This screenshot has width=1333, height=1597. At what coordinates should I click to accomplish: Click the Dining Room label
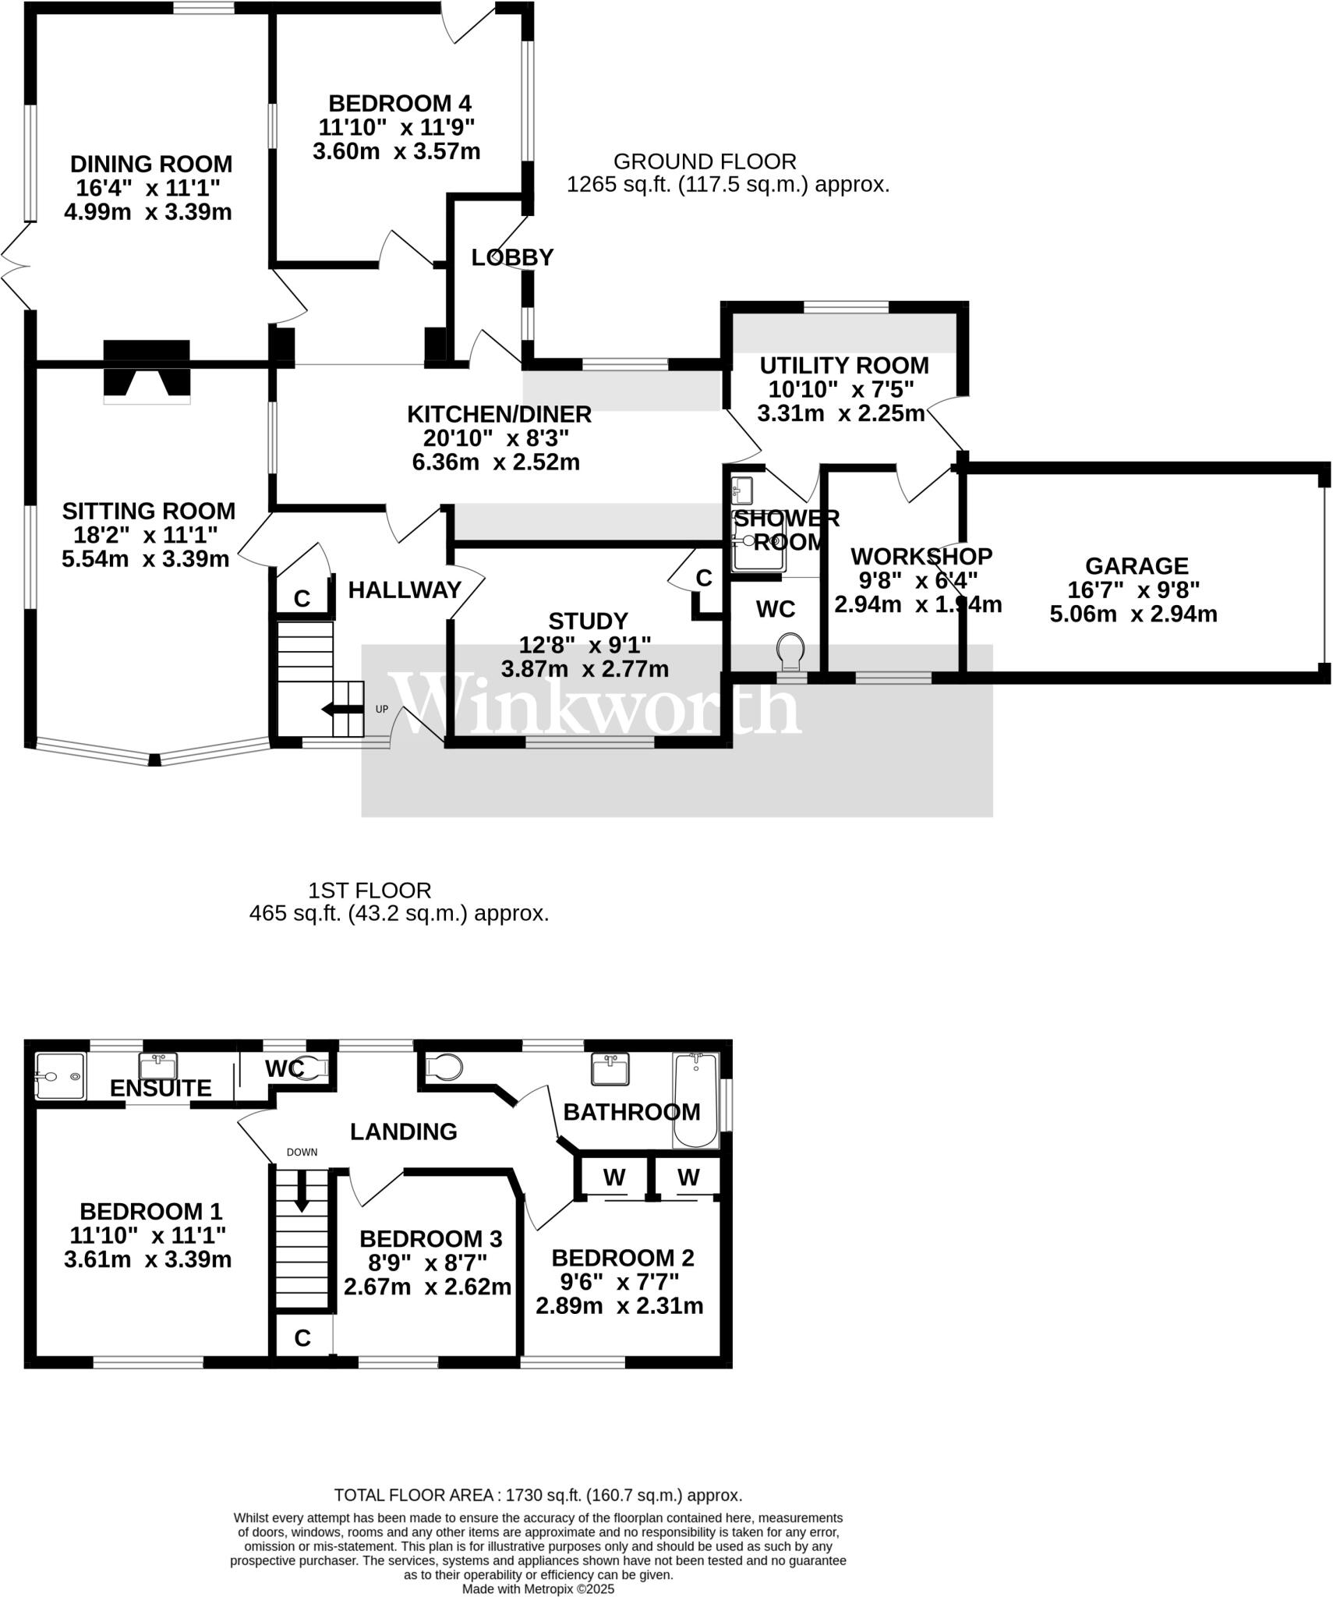tap(151, 165)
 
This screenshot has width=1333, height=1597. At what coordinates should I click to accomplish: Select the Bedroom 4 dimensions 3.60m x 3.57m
tap(396, 151)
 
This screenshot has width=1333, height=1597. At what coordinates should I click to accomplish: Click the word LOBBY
tap(512, 257)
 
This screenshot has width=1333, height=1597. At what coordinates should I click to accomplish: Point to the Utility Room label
tap(844, 366)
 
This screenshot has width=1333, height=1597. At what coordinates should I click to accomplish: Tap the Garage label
tap(1137, 566)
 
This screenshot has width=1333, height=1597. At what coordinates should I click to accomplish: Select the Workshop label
tap(921, 557)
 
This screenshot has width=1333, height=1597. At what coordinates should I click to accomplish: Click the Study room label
tap(588, 621)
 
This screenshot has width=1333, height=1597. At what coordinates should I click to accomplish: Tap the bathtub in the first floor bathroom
tap(695, 1100)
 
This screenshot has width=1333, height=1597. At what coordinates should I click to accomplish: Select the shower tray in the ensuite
tap(60, 1076)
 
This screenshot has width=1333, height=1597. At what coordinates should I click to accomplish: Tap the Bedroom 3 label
tap(430, 1238)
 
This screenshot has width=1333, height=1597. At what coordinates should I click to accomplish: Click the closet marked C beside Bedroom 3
tap(302, 1338)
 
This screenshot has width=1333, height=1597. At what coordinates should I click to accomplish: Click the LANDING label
tap(403, 1131)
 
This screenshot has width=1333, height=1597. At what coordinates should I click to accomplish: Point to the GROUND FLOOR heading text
tap(705, 161)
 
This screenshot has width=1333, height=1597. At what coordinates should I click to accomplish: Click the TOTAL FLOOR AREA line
tap(538, 1495)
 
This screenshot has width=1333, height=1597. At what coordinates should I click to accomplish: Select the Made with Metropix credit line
tap(538, 1588)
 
